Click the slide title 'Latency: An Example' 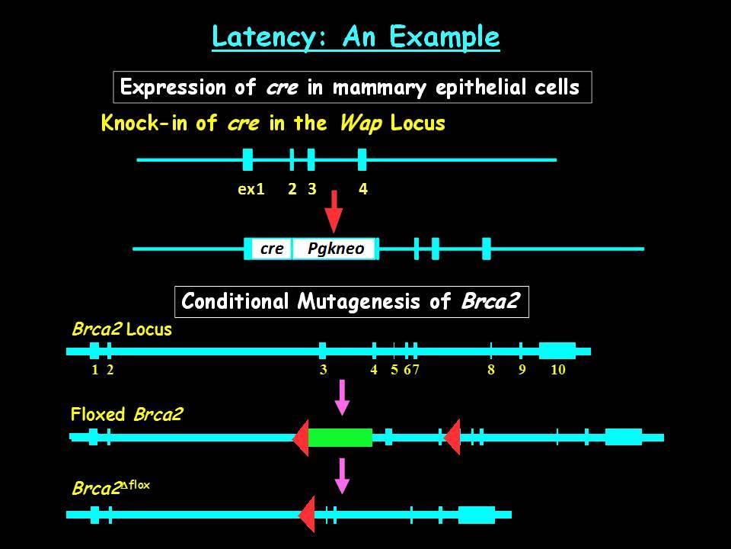(356, 37)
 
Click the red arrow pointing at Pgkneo (334, 211)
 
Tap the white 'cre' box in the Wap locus (272, 249)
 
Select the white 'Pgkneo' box (334, 249)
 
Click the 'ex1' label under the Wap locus (251, 189)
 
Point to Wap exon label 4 (363, 189)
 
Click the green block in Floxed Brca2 (340, 438)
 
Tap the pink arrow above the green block (343, 397)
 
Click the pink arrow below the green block (343, 476)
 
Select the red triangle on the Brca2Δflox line (307, 515)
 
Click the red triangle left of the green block (302, 438)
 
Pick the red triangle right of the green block (452, 438)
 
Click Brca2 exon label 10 (558, 370)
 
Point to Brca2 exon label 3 (323, 370)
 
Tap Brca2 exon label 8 (491, 370)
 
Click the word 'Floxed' (98, 414)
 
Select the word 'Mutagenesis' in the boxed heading (359, 302)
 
